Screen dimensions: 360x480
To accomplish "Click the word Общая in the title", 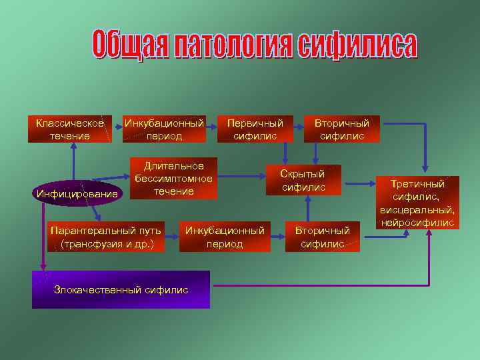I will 127,45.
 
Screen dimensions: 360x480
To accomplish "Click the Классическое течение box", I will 69,129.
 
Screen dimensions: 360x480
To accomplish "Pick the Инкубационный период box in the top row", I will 165,129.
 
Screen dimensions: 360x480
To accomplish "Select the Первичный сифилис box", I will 255,129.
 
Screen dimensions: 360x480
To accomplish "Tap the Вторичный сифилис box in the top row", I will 341,129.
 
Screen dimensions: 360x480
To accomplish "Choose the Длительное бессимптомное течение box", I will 173,179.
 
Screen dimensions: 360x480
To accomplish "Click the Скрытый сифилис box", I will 303,180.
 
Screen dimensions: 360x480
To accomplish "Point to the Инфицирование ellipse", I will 78,194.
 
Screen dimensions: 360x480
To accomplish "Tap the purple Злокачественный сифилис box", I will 121,289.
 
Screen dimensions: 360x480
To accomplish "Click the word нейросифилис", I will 418,222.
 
